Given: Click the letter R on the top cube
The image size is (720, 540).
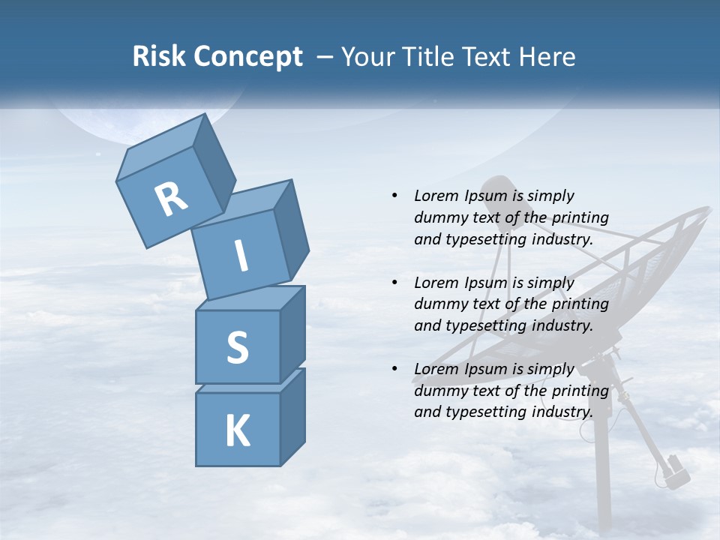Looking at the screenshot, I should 171,199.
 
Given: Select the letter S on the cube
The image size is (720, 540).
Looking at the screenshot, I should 237,347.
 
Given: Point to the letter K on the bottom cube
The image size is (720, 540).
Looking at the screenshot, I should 237,430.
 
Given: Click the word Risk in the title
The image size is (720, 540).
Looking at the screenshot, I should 159,57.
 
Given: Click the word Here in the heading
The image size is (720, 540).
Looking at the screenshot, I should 545,57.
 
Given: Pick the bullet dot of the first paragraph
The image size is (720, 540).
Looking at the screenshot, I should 394,196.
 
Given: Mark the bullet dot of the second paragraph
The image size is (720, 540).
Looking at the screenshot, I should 394,283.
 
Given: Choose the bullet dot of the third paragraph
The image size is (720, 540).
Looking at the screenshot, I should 394,369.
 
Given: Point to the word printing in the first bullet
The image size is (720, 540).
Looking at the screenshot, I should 580,217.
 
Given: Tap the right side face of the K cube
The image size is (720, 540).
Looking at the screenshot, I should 292,416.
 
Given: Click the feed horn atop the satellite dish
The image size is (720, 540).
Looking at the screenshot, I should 497,190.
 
